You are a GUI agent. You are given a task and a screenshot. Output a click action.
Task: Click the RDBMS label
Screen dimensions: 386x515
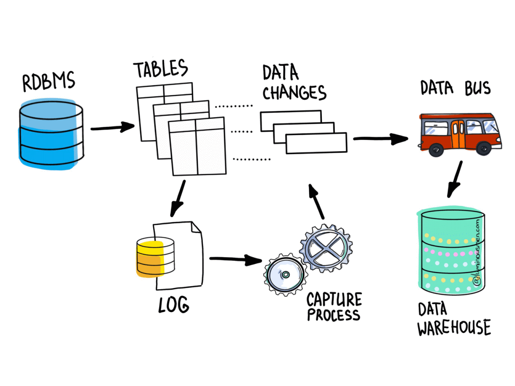click(x=49, y=83)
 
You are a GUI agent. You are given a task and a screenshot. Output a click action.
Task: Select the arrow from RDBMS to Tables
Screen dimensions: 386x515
click(x=113, y=127)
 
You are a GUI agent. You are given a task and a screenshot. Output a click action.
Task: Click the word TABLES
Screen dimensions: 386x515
click(x=160, y=70)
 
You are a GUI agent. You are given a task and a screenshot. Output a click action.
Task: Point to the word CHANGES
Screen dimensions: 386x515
click(x=294, y=92)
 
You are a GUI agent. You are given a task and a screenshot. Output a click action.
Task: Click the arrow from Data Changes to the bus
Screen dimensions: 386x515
click(x=380, y=139)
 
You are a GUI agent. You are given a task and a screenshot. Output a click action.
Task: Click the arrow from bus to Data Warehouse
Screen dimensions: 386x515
click(x=455, y=179)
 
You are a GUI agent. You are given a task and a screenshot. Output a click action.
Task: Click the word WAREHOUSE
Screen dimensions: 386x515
click(x=453, y=328)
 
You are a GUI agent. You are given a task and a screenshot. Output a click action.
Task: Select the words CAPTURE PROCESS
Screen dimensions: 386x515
click(x=334, y=307)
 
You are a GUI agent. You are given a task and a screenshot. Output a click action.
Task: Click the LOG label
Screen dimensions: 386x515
click(x=174, y=304)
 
